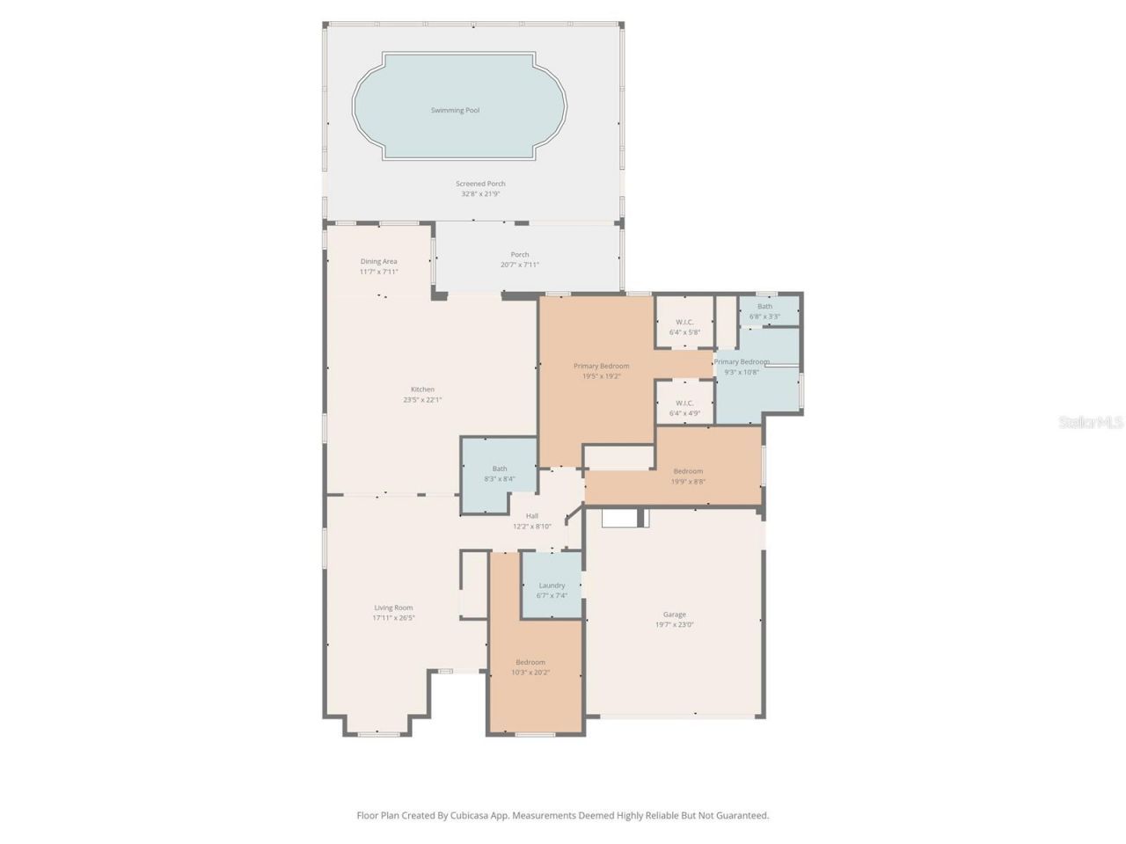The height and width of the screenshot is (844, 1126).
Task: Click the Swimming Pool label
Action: coord(455,111)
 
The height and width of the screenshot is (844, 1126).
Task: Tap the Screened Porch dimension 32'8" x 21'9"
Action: coord(480,194)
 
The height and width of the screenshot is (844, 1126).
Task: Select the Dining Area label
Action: coord(378,261)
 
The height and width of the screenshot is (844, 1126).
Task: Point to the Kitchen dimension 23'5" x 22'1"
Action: coord(422,400)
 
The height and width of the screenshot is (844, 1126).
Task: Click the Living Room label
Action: coord(392,608)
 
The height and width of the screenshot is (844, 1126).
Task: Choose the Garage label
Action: coord(675,615)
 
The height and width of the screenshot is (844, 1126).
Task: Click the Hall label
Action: coord(532,516)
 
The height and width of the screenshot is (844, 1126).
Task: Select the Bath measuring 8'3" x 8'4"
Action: coord(499,474)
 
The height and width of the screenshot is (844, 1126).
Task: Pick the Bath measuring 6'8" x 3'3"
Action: coord(764,311)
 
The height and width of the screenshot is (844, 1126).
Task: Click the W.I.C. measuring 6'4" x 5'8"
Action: coord(684,327)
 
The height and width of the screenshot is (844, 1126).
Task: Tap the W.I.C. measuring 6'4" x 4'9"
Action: coord(684,408)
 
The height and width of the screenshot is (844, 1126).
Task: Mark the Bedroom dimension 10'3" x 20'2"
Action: coord(530,673)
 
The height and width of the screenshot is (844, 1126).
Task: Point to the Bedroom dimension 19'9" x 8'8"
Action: coord(688,482)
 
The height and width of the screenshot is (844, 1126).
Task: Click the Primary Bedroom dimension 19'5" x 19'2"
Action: coord(602,376)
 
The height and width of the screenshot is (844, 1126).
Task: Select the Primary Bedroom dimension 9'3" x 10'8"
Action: coord(741,372)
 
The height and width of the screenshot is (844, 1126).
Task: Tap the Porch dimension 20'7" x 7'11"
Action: coord(520,265)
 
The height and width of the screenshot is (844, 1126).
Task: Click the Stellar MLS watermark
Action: coord(1091,423)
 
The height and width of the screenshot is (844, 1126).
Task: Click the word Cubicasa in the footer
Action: coord(470,816)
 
